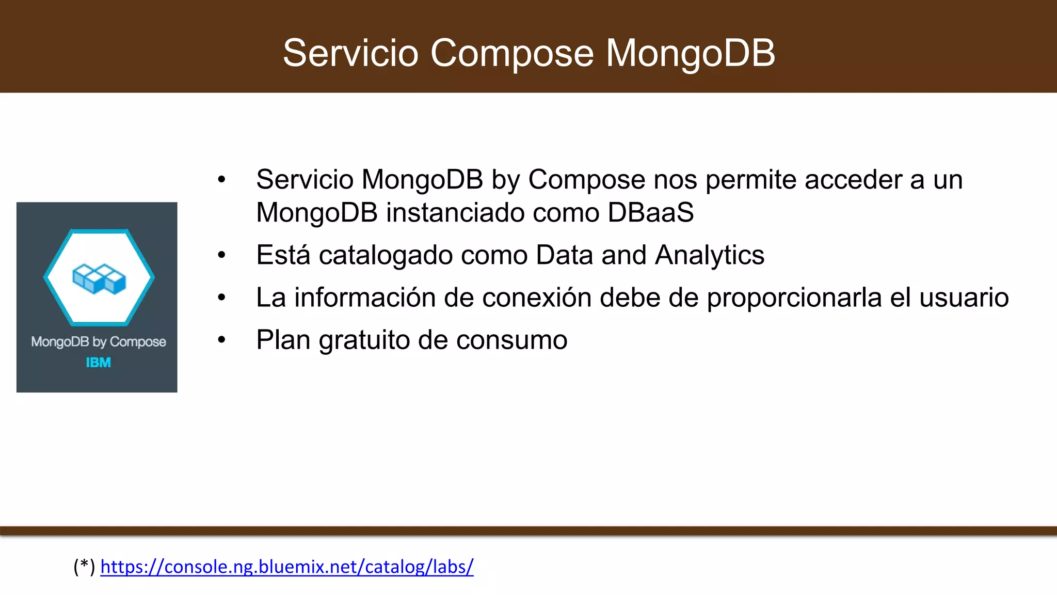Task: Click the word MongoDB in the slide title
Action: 690,53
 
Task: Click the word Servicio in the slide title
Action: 350,53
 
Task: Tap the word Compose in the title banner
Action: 512,53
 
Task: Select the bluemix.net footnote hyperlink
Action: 286,567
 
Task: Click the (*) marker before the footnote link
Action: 84,567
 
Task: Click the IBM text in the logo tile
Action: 98,363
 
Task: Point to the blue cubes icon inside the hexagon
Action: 99,279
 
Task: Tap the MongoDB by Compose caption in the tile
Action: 98,342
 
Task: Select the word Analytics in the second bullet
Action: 709,255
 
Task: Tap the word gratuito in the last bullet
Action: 364,340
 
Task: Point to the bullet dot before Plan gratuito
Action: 222,340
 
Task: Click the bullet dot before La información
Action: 222,297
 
